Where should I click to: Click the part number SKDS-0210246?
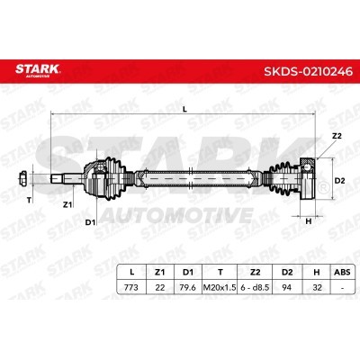[x=308, y=71]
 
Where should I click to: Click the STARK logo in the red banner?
[x=38, y=70]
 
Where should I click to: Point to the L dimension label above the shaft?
[x=185, y=110]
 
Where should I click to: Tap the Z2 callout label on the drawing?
[x=337, y=136]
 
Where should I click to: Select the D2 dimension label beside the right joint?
[x=339, y=181]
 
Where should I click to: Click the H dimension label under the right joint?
[x=309, y=221]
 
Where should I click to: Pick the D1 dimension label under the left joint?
[x=90, y=222]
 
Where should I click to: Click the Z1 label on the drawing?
[x=67, y=205]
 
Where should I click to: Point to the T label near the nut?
[x=29, y=200]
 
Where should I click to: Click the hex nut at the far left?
[x=22, y=179]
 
